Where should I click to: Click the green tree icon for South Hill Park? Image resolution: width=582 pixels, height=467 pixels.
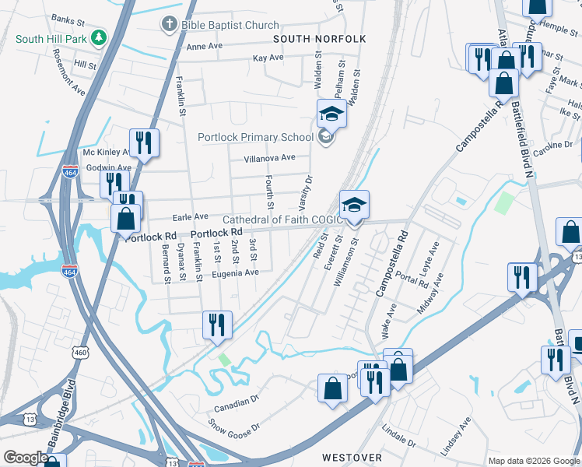(98, 37)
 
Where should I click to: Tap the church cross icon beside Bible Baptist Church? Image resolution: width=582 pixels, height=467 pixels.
(169, 25)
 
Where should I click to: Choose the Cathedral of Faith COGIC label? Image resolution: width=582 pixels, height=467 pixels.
(282, 219)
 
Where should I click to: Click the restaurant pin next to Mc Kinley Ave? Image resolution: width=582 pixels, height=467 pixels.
(143, 142)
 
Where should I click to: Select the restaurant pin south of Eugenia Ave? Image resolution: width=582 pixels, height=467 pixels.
(217, 325)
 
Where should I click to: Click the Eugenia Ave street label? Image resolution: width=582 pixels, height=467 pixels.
(235, 273)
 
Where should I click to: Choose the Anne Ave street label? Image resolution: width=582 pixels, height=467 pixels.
(204, 47)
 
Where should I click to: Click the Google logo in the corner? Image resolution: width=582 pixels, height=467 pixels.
(26, 458)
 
